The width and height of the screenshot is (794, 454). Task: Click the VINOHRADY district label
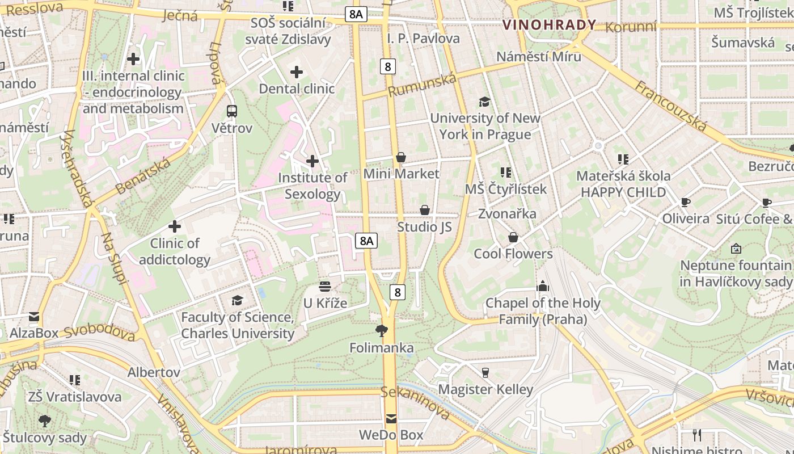549,24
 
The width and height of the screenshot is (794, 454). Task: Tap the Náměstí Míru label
538,56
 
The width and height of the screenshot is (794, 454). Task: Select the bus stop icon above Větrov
231,111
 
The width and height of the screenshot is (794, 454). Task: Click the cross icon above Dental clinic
296,72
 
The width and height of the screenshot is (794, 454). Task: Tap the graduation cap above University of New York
484,102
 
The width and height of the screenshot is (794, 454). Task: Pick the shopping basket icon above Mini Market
401,157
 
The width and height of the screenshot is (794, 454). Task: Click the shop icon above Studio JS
424,211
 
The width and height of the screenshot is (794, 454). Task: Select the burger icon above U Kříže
324,287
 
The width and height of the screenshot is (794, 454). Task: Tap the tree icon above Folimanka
382,331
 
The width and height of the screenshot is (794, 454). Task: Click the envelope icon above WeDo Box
391,419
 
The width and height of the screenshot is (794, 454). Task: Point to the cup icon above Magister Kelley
485,373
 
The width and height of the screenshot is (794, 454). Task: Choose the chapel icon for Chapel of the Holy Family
543,286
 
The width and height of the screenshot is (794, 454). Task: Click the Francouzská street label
670,106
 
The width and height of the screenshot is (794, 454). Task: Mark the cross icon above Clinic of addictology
175,227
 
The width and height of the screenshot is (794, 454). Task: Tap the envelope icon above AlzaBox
34,317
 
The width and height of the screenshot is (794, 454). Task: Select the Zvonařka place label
507,214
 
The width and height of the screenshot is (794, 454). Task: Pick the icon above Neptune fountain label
736,249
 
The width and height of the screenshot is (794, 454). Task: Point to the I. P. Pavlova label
423,39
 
